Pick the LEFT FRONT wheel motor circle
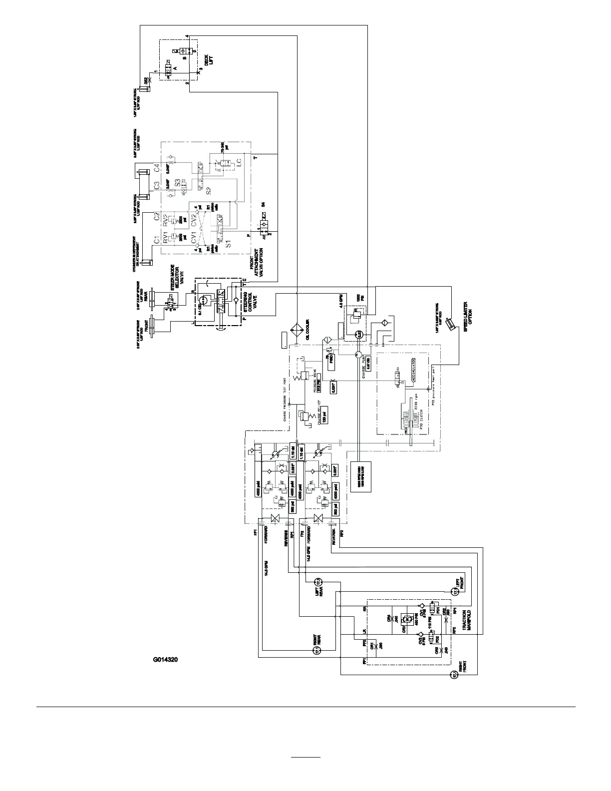tap(455, 592)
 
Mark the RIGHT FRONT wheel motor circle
tap(454, 675)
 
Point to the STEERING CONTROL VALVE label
tap(250, 300)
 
